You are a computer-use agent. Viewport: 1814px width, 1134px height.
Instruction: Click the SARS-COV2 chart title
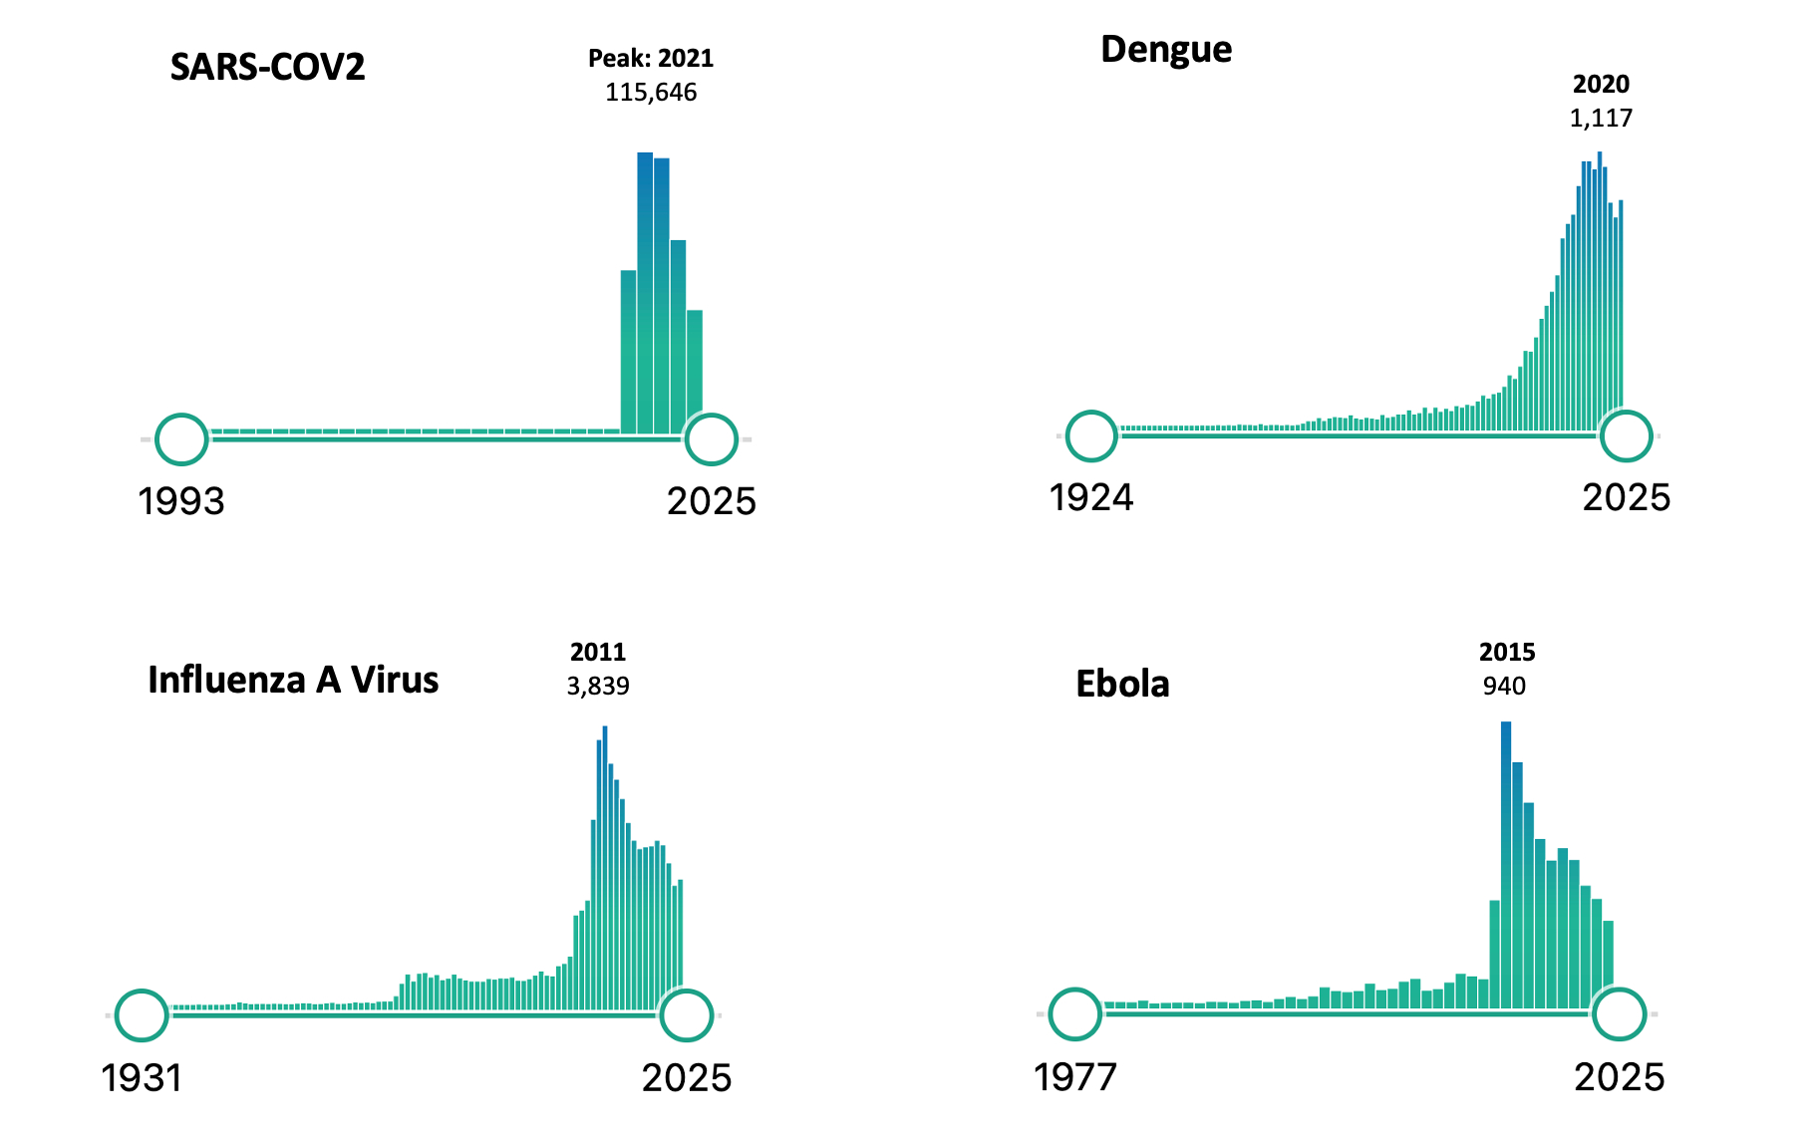267,67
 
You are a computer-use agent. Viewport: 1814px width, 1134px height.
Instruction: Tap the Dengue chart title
1166,49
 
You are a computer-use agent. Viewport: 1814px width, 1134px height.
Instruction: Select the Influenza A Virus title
293,680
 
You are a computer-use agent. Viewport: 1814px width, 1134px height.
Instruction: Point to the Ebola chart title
1122,684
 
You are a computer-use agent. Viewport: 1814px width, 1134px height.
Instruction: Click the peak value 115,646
651,93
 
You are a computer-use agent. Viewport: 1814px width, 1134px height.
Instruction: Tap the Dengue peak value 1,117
1601,119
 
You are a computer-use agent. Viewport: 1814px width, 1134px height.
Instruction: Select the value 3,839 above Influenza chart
598,687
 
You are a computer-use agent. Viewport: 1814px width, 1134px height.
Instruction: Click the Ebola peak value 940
1504,687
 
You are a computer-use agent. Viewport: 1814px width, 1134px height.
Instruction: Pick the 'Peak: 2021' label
651,59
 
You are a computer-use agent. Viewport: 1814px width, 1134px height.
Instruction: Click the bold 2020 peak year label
1601,85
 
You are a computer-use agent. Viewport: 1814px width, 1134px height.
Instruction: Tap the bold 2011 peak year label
598,653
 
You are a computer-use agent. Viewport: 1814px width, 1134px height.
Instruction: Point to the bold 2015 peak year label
1507,653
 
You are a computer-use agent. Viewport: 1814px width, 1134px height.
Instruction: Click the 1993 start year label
181,501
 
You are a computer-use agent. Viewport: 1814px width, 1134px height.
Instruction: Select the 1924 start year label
1091,497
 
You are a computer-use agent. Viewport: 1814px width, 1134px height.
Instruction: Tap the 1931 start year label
142,1078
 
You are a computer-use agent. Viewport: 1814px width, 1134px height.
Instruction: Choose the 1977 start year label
1075,1077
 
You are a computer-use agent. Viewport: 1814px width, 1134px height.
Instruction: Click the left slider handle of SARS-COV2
181,438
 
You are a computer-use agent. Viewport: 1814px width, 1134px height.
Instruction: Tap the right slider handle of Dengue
1626,435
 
